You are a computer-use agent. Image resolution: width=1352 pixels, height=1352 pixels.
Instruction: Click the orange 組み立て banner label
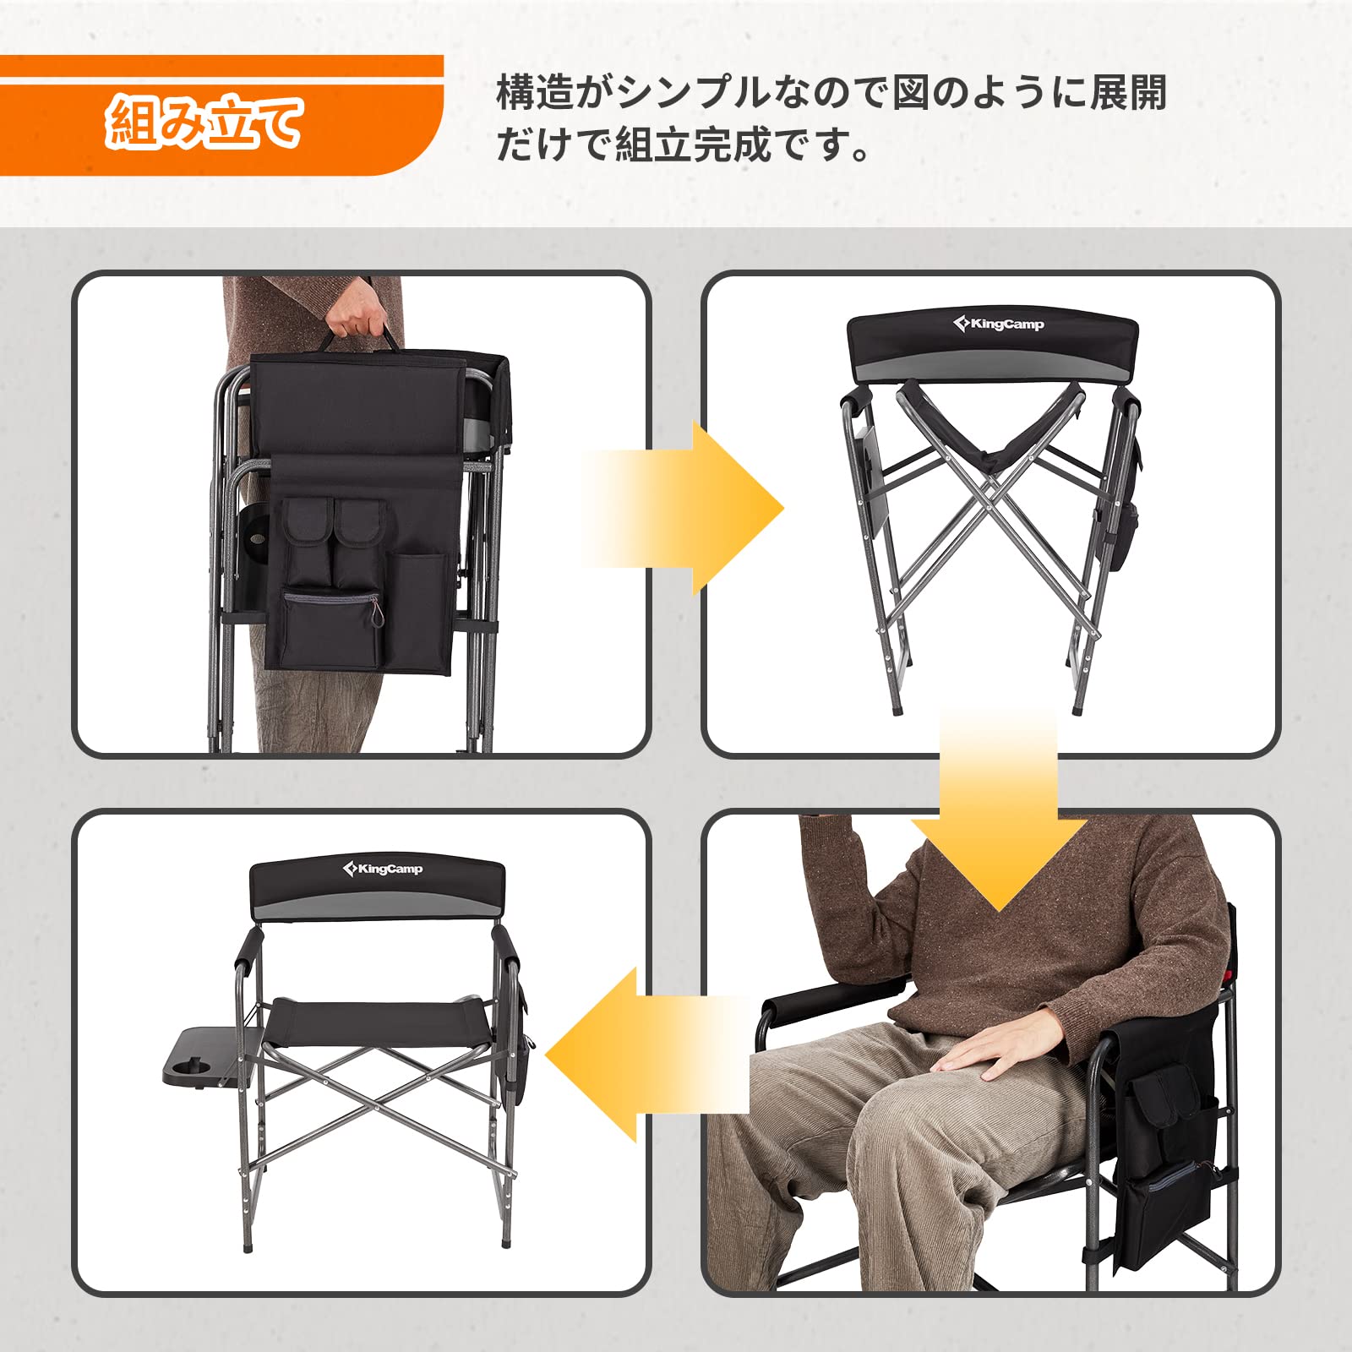(203, 123)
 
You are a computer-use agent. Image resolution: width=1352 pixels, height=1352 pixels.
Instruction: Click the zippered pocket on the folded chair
(331, 625)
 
